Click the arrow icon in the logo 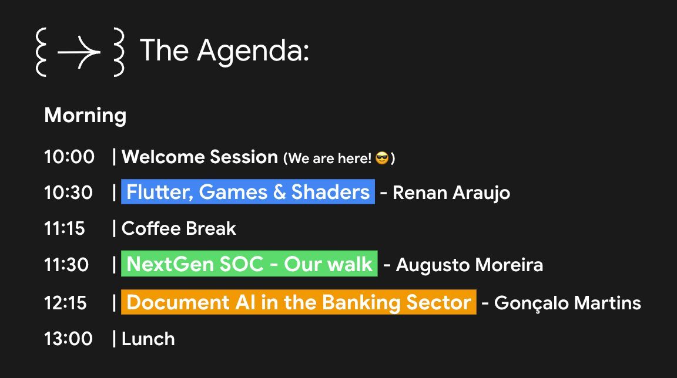[x=79, y=52]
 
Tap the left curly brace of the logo [x=41, y=52]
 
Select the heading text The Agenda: [x=224, y=50]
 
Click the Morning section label [x=85, y=115]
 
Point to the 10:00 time [x=69, y=157]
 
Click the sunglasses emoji [x=382, y=158]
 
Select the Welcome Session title [x=200, y=157]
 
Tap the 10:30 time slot [x=68, y=193]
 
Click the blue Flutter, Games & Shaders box [x=248, y=192]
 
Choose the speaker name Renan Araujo [x=451, y=193]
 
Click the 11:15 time [x=65, y=228]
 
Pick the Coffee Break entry [x=179, y=228]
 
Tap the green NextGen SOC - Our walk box [x=249, y=264]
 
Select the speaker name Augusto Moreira [x=469, y=265]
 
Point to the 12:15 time [x=65, y=303]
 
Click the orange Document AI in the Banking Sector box [x=299, y=302]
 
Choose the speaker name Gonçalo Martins [x=567, y=303]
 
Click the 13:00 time [x=68, y=339]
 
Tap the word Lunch [x=148, y=339]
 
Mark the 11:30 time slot [x=66, y=265]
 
